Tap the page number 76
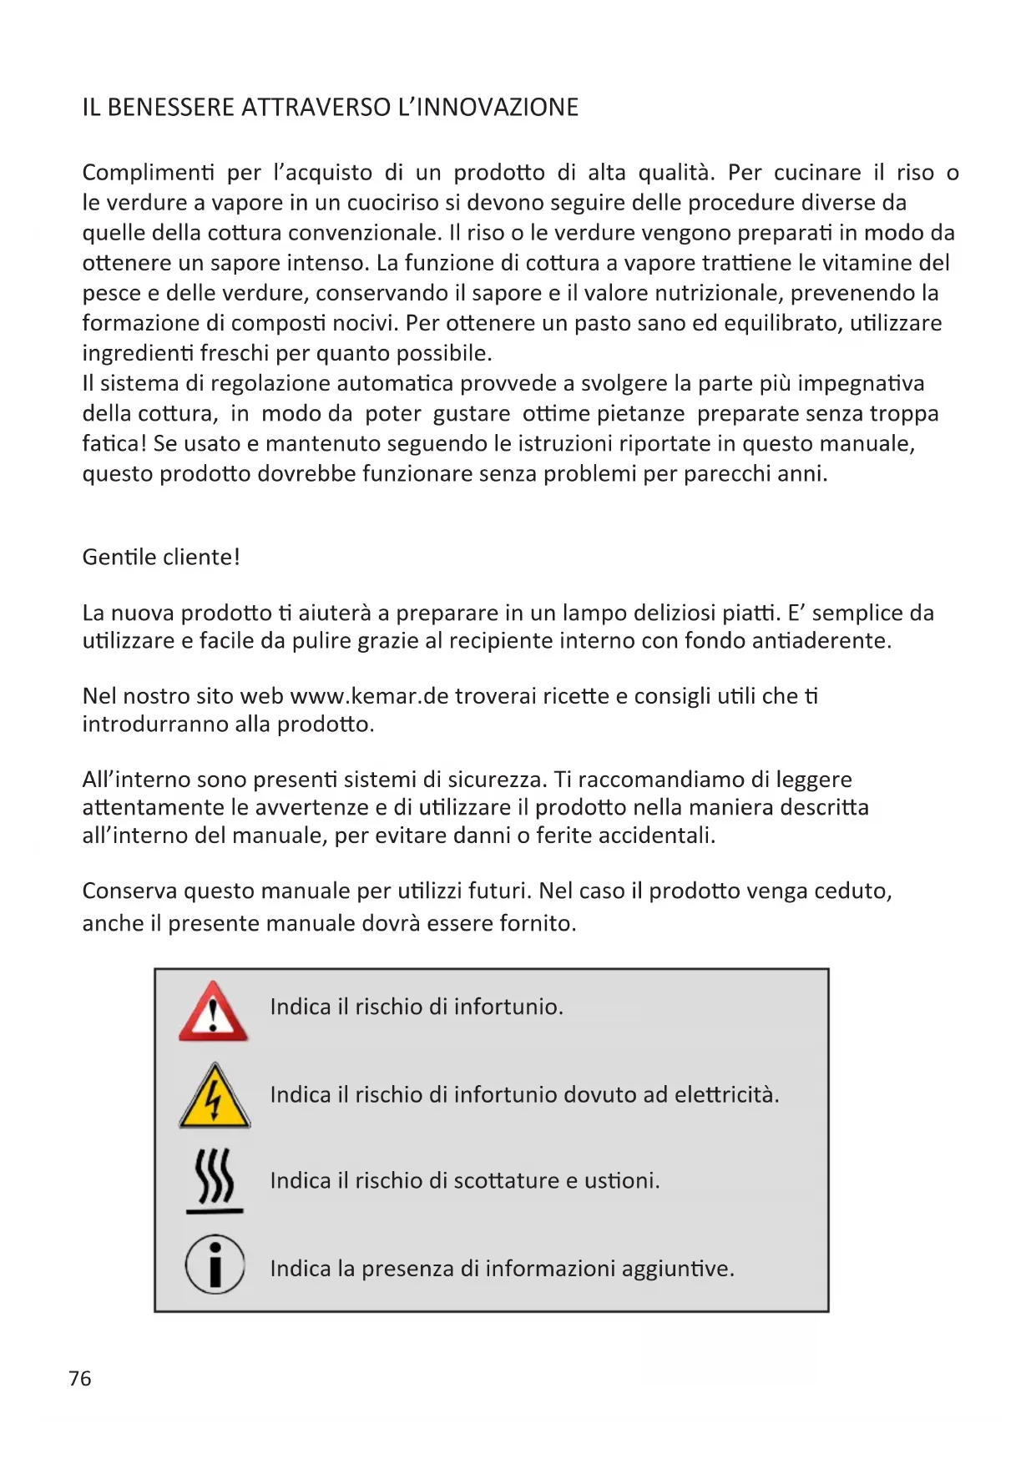coord(80,1378)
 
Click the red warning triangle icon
coord(214,1012)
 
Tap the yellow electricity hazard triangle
coord(215,1098)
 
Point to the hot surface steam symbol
coord(215,1180)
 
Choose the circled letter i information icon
coord(215,1265)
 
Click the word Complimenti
coord(148,173)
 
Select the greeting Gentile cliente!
coord(161,557)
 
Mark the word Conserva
coord(129,891)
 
